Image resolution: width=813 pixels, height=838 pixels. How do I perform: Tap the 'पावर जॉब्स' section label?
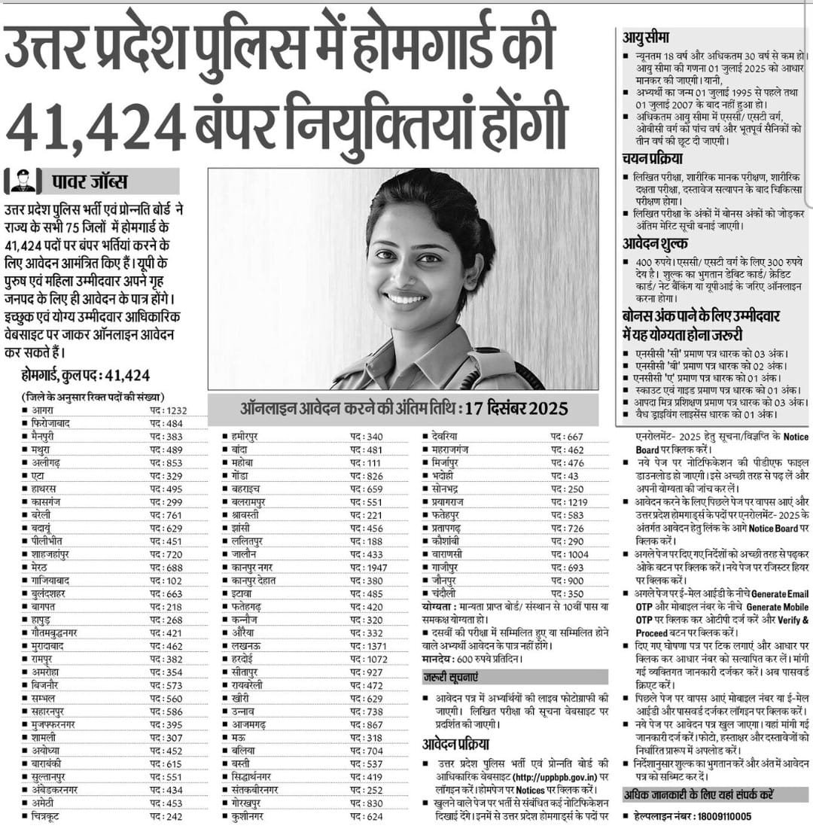point(90,181)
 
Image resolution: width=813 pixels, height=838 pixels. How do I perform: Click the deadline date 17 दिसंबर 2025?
point(517,409)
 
